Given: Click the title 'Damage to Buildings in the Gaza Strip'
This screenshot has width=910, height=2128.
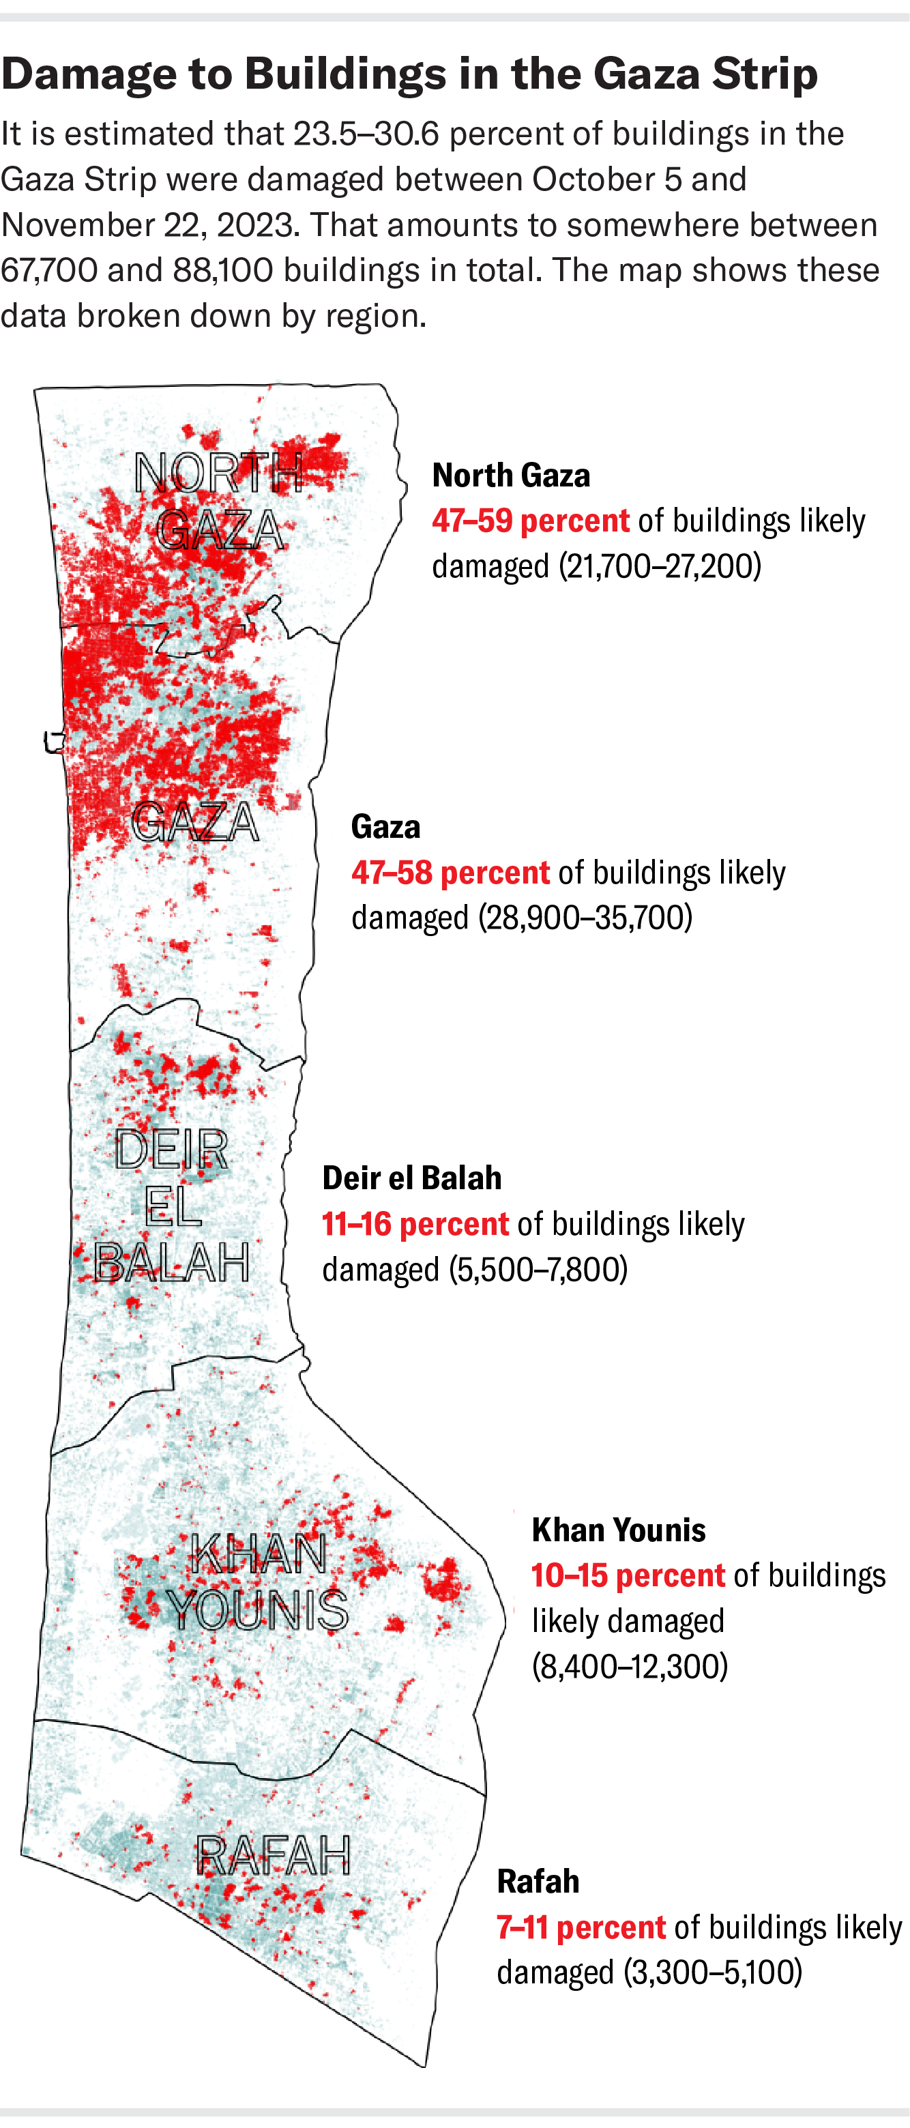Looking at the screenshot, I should [409, 74].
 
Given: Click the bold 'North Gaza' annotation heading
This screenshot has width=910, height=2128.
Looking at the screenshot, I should [511, 476].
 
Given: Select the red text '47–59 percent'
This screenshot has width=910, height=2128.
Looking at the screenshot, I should [530, 521].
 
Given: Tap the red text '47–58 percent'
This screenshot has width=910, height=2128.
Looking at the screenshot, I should [450, 873].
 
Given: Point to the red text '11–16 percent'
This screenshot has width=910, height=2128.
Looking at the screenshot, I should [415, 1224].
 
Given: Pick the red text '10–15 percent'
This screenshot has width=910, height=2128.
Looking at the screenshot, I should [628, 1576].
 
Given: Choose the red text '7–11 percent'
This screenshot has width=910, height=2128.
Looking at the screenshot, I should [581, 1927].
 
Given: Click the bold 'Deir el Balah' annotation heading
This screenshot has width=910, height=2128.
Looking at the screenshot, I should [411, 1179].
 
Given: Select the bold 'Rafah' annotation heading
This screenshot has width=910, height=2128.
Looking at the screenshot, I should [538, 1882].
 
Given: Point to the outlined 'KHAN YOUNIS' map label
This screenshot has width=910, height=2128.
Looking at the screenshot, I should [258, 1582].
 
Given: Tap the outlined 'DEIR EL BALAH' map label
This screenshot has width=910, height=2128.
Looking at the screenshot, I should [172, 1206].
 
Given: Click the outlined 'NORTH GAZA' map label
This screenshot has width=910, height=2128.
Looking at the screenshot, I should [220, 501].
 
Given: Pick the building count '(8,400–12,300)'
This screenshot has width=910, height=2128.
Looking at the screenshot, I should [629, 1666].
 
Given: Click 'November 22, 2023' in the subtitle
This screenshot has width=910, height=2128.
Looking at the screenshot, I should [149, 224].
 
